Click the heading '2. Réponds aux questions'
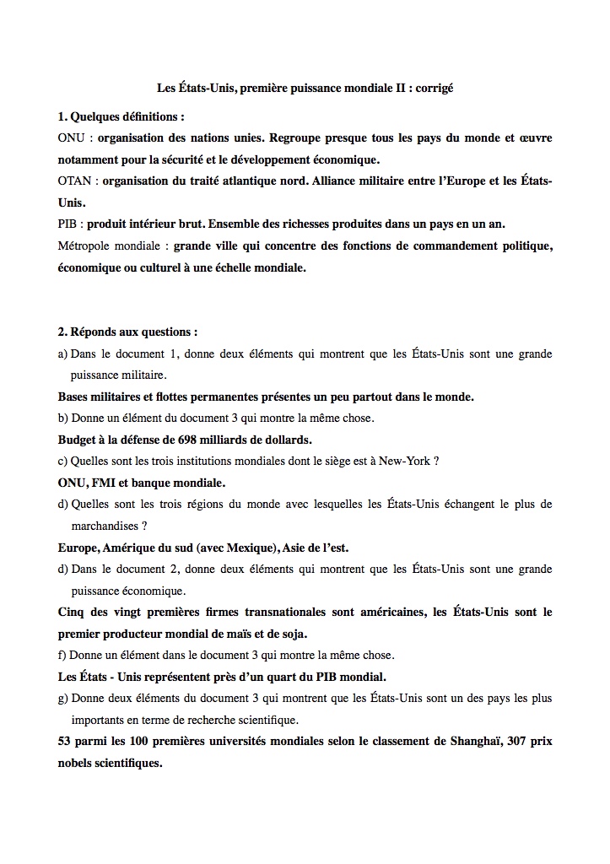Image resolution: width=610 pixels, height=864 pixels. coord(127,332)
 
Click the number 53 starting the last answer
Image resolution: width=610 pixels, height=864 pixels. coord(65,742)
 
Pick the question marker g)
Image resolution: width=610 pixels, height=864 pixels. coord(63,699)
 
